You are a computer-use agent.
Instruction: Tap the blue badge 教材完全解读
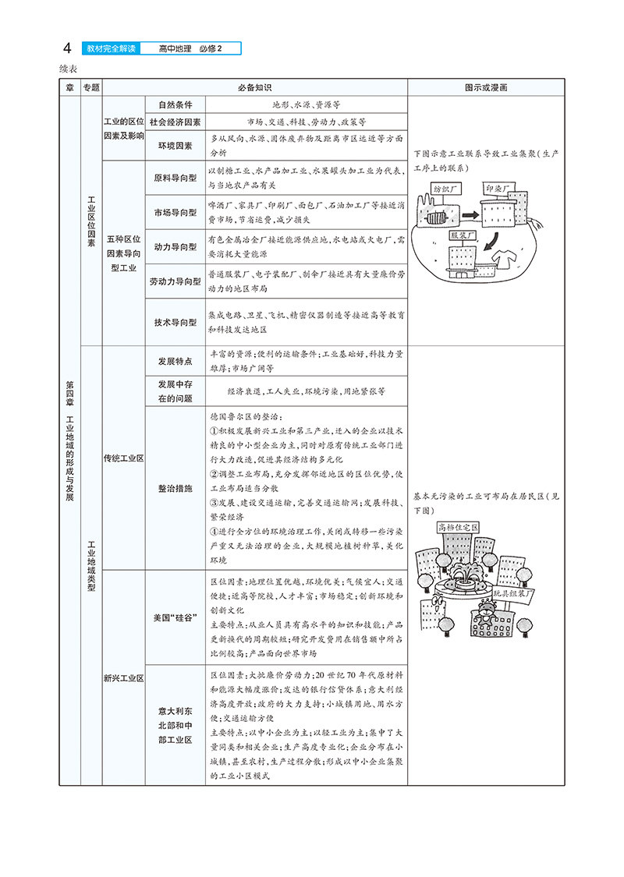point(109,49)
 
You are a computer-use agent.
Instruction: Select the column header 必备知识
point(254,88)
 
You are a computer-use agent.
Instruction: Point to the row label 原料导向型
point(175,179)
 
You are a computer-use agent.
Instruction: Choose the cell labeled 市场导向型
point(175,213)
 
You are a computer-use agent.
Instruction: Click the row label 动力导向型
point(175,247)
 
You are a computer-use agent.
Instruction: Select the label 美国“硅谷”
point(175,618)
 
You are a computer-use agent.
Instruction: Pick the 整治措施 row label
point(175,488)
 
